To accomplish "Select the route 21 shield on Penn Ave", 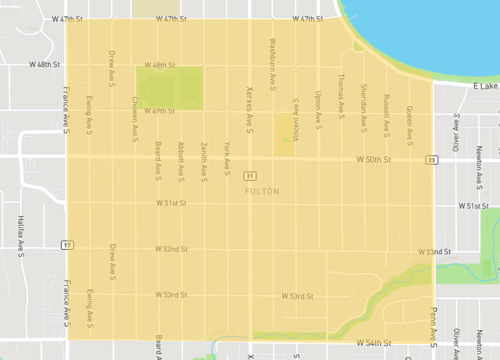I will click(429, 159).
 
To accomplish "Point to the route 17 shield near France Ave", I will click(67, 243).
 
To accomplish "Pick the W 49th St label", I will click(161, 111).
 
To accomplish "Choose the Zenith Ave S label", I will click(204, 159).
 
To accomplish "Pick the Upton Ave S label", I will click(318, 108).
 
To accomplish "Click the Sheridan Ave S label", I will click(363, 99).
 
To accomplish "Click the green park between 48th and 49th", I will click(169, 88).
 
